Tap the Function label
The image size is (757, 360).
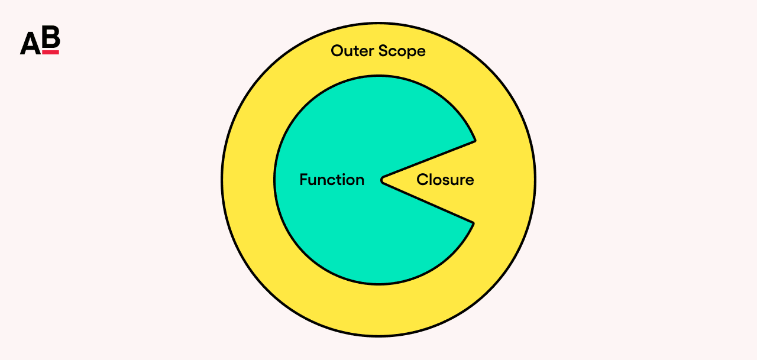[332, 180]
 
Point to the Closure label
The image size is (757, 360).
[445, 180]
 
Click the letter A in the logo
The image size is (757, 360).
[30, 43]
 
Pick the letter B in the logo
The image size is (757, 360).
[51, 38]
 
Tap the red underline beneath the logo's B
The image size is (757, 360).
[51, 53]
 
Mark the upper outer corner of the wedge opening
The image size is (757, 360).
[474, 141]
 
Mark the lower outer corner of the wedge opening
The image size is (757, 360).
[473, 222]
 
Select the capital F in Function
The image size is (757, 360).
[303, 180]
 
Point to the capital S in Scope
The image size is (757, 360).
[384, 51]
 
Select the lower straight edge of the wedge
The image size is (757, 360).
[429, 203]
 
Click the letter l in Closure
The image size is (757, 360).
[432, 179]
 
